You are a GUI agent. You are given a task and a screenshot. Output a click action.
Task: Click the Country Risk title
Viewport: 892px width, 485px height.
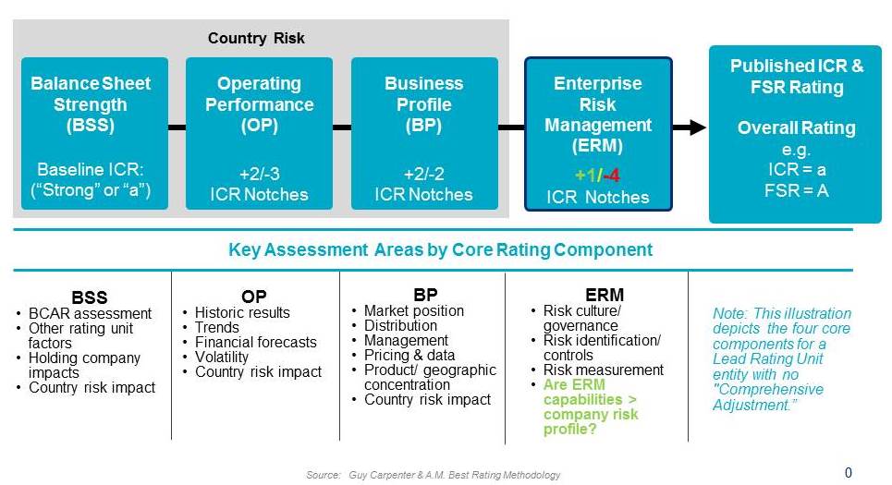(x=256, y=38)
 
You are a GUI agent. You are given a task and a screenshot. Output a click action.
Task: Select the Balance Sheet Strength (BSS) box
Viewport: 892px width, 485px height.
(x=94, y=133)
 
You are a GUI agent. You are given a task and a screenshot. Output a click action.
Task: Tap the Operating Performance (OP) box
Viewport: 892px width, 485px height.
(x=259, y=133)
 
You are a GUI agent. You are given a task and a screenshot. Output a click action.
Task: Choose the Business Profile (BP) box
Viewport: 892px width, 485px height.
(x=424, y=133)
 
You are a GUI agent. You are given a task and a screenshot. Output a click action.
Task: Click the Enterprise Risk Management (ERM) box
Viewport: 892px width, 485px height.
(x=598, y=134)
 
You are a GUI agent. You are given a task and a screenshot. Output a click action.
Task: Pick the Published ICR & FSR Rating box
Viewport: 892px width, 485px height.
(x=795, y=134)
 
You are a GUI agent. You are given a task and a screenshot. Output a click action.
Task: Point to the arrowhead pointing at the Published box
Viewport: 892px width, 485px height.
(x=698, y=127)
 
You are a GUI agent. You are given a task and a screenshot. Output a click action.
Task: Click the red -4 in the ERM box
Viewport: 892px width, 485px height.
(x=612, y=176)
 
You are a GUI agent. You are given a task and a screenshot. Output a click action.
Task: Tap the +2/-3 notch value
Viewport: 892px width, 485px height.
(x=260, y=174)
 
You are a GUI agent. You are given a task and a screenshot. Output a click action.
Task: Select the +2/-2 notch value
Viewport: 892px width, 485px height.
(x=423, y=174)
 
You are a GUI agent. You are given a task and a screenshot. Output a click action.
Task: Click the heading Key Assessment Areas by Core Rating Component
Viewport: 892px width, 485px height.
(x=440, y=249)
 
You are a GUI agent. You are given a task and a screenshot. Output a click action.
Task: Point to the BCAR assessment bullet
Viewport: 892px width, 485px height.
(x=90, y=313)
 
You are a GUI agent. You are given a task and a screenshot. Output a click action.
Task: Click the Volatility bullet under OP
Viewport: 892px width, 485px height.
(x=221, y=357)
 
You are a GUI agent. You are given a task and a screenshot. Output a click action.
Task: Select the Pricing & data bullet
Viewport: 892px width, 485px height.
(x=409, y=355)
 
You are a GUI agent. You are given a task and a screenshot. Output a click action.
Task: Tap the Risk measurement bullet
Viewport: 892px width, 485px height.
(x=603, y=370)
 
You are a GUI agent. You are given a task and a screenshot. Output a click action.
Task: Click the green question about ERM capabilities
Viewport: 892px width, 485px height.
(x=590, y=406)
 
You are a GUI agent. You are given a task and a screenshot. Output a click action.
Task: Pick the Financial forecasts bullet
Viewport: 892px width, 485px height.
(x=255, y=342)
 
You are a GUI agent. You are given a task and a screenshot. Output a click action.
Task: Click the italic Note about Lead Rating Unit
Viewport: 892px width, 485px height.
(x=782, y=358)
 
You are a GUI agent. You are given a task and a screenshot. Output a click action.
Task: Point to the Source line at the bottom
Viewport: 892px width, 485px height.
(x=433, y=475)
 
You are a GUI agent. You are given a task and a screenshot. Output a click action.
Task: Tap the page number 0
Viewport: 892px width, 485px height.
(x=849, y=472)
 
